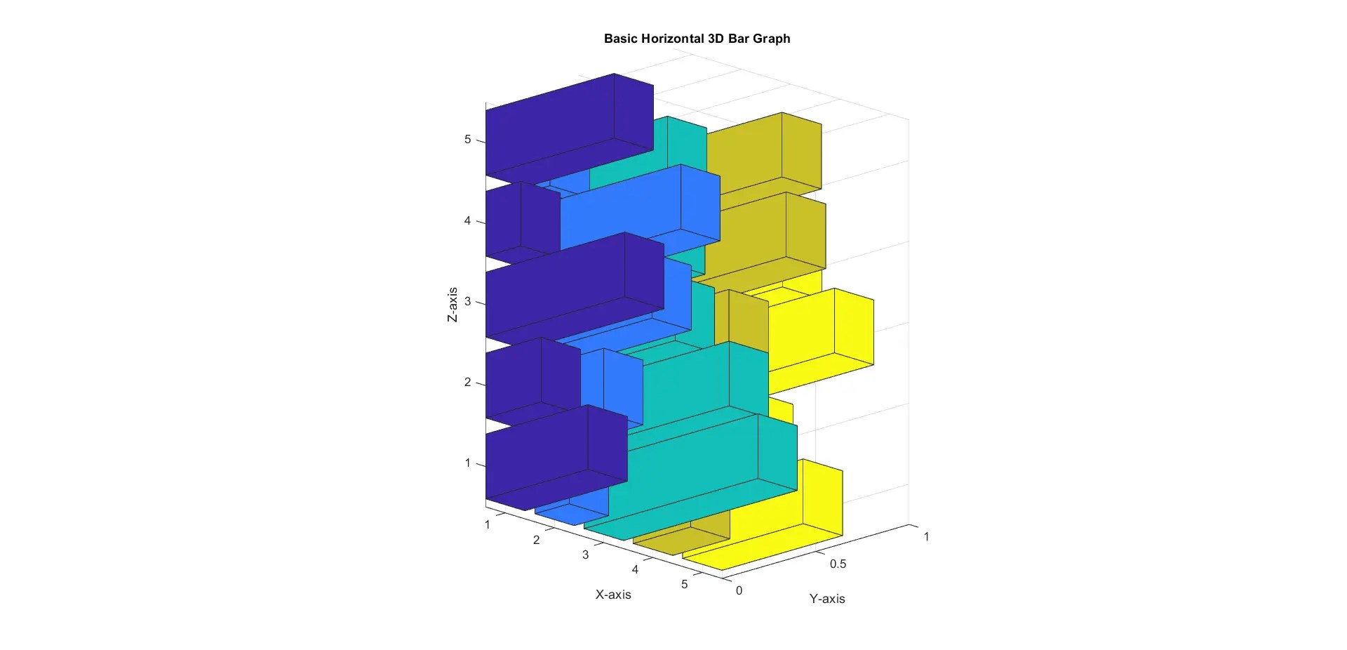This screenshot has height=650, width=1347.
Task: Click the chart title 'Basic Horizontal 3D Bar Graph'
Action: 697,39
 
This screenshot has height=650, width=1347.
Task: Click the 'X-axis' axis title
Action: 613,595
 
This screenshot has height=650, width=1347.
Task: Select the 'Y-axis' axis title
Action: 827,599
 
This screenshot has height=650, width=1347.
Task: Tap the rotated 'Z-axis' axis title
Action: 453,305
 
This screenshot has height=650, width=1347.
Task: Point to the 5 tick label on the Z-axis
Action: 468,140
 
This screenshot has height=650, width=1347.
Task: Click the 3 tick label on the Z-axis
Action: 468,303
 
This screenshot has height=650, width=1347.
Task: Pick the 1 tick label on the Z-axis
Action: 468,463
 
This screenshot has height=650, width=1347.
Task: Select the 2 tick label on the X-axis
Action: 537,540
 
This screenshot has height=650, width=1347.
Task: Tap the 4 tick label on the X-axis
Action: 635,569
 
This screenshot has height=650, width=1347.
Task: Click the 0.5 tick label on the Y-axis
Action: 838,564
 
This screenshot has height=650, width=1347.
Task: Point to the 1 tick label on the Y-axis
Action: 926,536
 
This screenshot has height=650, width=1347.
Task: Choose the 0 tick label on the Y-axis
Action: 739,590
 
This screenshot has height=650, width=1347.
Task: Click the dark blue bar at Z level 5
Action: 554,133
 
